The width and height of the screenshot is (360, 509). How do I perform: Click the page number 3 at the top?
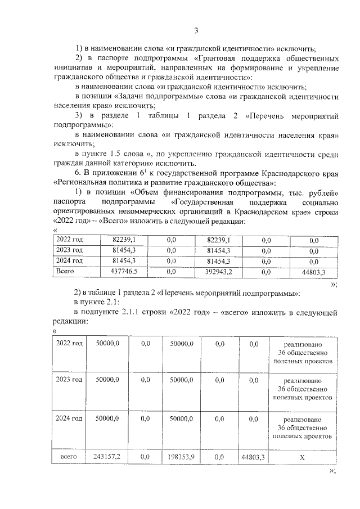click(195, 30)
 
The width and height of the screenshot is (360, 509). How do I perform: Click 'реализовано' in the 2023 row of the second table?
click(302, 380)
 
